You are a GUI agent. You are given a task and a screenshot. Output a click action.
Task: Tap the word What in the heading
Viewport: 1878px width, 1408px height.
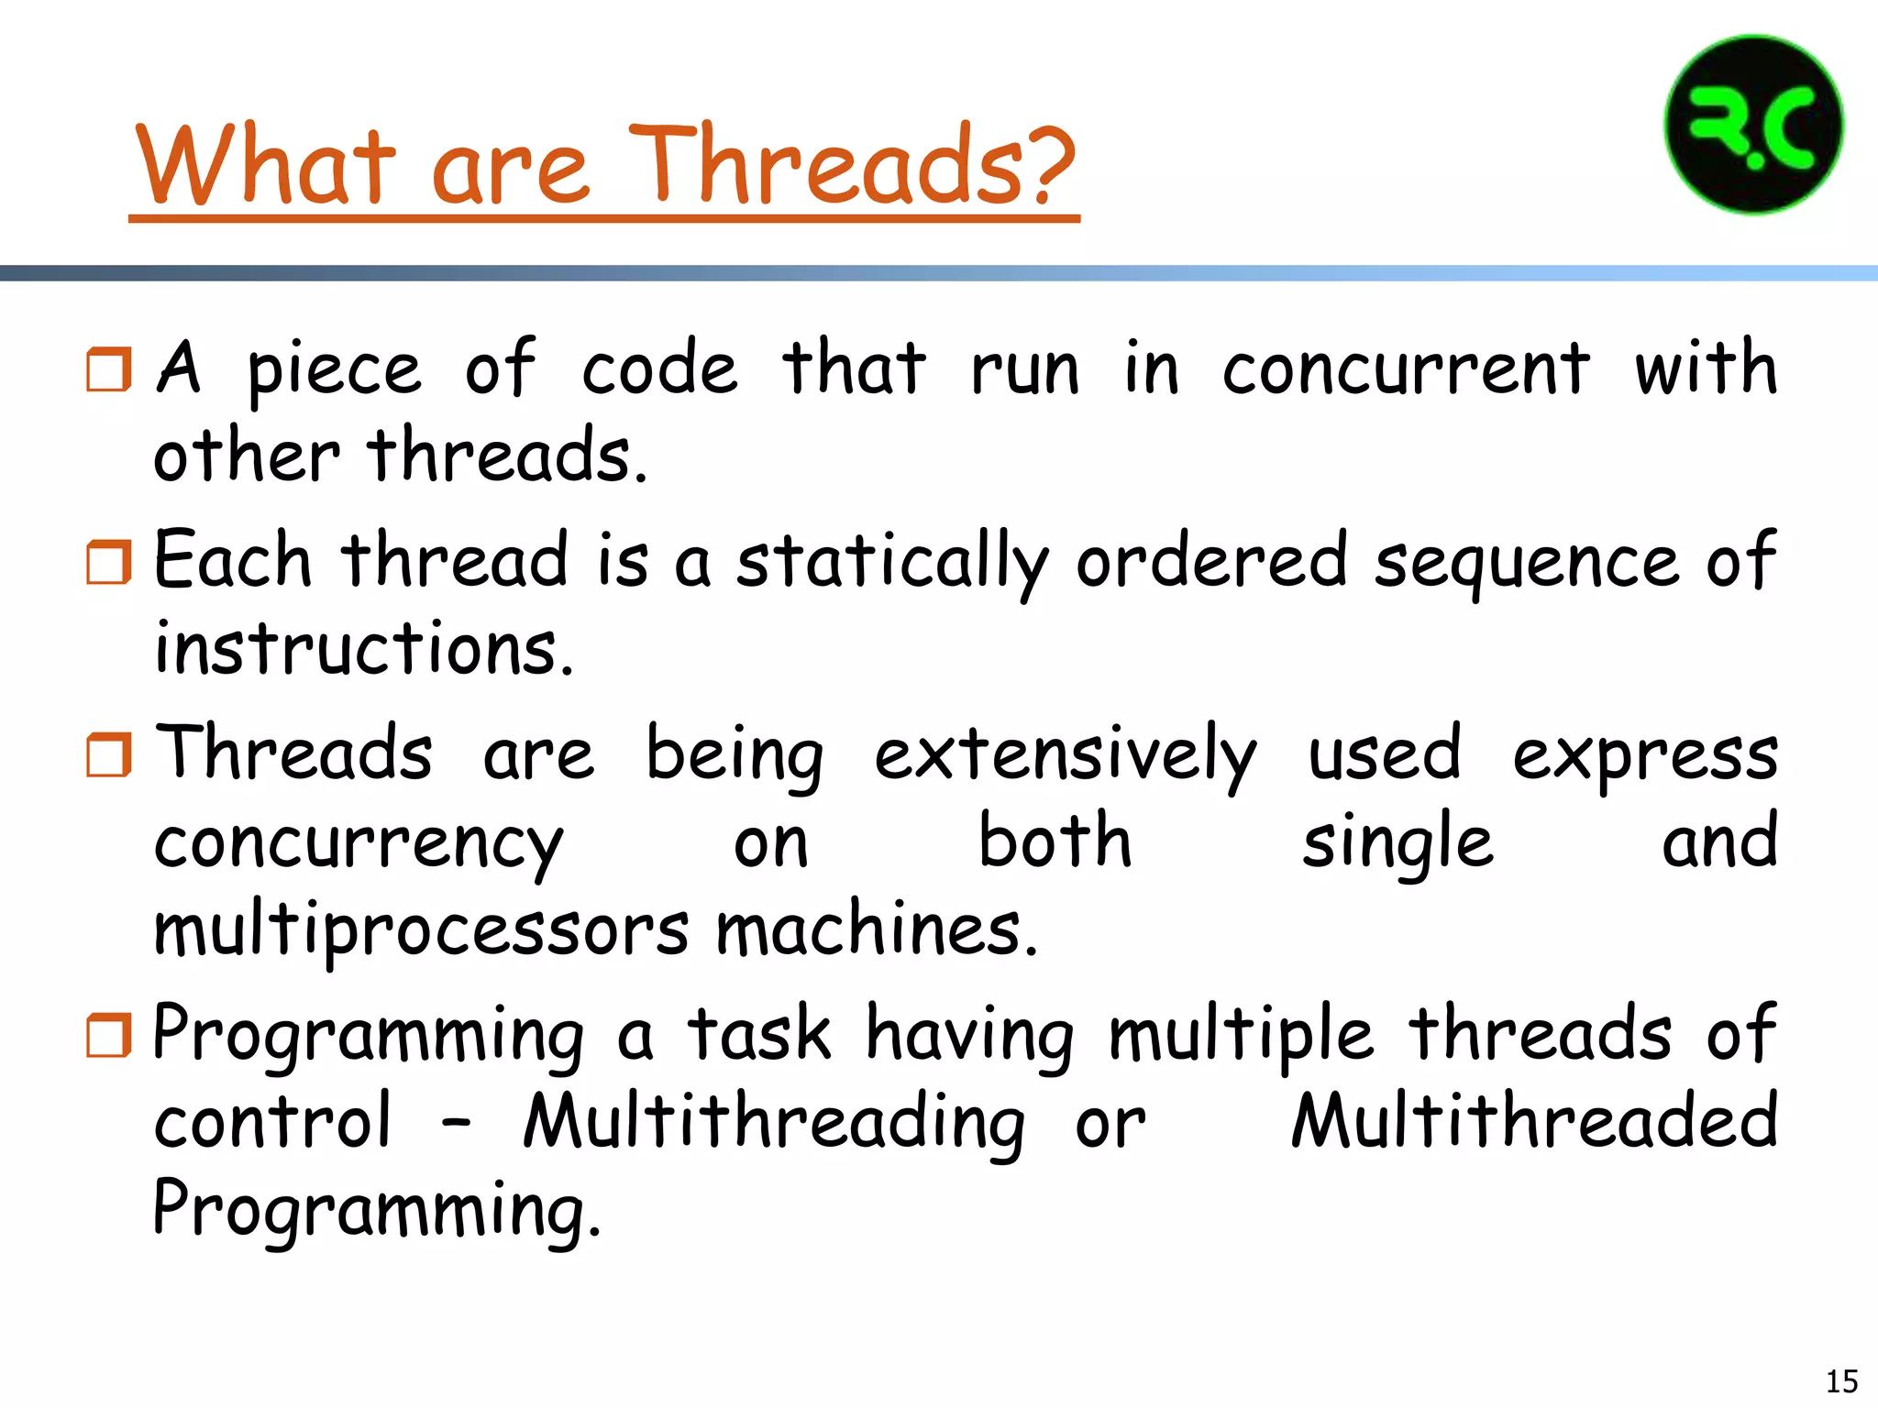[266, 165]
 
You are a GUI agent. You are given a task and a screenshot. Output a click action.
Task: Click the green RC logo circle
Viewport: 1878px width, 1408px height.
[1753, 126]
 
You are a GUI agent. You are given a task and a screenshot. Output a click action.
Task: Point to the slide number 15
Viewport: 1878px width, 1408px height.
[1841, 1380]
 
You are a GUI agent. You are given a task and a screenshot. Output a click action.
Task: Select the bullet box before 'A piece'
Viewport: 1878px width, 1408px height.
[108, 368]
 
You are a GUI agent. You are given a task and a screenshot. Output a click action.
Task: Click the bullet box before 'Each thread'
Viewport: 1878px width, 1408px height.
[108, 562]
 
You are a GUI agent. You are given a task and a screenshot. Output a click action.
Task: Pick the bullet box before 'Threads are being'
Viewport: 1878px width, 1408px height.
[108, 754]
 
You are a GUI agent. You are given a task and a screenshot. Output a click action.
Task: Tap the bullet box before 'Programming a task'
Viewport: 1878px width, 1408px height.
[108, 1035]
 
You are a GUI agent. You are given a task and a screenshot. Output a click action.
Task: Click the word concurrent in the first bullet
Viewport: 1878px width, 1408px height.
[1405, 368]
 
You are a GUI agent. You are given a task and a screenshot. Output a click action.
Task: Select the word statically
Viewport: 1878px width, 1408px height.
[892, 562]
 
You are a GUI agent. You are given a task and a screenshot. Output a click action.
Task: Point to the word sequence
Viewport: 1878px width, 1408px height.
[1526, 562]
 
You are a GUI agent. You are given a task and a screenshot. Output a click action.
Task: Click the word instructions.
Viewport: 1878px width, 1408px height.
[363, 648]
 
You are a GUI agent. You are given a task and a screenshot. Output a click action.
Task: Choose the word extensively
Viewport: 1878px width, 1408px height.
[1065, 754]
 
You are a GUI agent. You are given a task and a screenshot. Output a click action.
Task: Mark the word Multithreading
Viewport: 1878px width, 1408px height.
[774, 1122]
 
